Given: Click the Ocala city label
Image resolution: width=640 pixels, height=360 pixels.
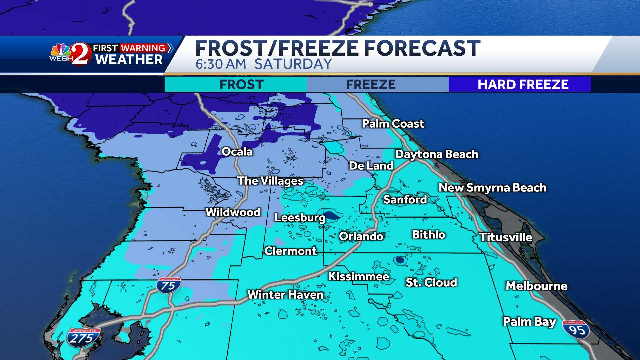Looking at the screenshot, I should (237, 152).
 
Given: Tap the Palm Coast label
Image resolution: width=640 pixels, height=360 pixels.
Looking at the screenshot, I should (393, 124).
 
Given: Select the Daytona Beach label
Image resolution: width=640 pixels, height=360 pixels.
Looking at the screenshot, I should (437, 154).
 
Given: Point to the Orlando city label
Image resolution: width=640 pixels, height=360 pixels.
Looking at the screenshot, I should (361, 236).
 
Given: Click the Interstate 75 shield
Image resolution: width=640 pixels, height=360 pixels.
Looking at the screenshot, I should (168, 285).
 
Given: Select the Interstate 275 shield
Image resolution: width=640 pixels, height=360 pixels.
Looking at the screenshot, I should (81, 337).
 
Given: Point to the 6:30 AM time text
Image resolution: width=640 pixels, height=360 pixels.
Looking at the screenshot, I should (221, 64).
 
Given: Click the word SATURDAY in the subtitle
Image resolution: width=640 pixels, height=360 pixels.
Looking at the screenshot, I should (293, 64).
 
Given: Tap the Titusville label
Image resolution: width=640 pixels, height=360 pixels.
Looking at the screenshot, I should (505, 237).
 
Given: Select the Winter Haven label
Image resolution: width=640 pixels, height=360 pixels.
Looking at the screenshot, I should (285, 295).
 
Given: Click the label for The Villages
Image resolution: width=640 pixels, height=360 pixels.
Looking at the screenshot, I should (270, 181).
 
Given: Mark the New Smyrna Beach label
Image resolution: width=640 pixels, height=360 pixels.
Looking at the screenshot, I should (492, 188).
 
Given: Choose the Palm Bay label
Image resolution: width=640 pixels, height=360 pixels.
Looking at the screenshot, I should (529, 322).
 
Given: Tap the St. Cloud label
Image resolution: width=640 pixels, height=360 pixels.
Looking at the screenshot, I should (431, 282).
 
